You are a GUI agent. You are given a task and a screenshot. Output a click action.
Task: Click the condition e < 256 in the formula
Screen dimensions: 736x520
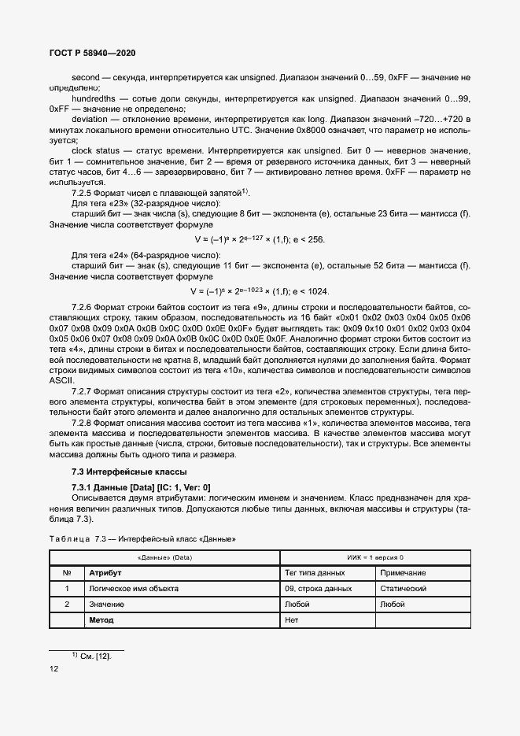point(308,240)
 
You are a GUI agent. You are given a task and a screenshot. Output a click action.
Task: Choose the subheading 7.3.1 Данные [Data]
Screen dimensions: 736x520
point(141,488)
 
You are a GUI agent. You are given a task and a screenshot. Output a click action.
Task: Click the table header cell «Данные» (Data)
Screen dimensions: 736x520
point(164,557)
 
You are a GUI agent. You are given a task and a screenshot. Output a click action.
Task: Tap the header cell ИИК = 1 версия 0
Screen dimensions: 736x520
point(375,557)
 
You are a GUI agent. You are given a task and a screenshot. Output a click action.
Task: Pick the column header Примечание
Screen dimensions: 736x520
point(402,573)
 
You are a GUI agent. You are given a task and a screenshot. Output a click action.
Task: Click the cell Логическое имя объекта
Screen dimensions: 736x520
point(134,589)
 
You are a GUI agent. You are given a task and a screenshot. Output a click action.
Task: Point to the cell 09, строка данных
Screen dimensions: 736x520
point(318,589)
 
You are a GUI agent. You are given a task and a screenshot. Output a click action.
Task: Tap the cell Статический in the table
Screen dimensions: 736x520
point(403,589)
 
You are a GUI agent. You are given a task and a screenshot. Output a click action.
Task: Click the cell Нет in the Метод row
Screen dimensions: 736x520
point(292,620)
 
